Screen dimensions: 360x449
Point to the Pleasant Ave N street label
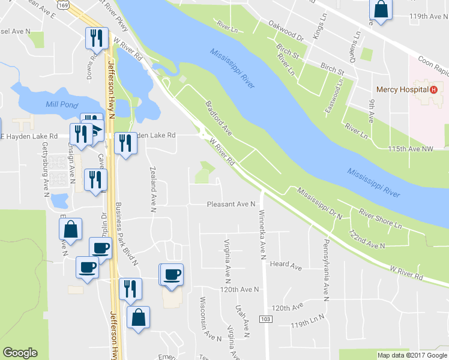pos(231,205)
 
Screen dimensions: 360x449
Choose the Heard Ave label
pos(285,265)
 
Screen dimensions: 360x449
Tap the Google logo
pos(20,353)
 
